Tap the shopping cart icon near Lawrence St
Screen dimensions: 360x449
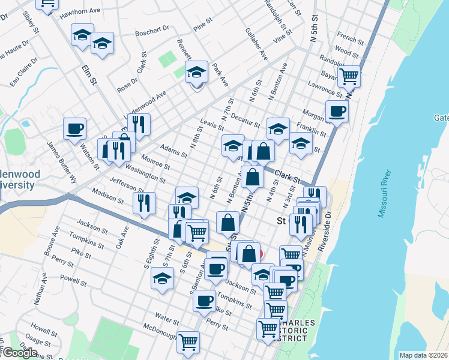(349, 77)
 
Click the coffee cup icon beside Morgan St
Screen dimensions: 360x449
(337, 111)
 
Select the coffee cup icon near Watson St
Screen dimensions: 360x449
(75, 128)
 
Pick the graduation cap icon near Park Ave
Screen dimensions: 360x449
(196, 73)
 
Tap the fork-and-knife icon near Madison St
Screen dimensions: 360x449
(145, 203)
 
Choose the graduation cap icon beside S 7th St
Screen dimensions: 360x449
(161, 278)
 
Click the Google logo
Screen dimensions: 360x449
(20, 352)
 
